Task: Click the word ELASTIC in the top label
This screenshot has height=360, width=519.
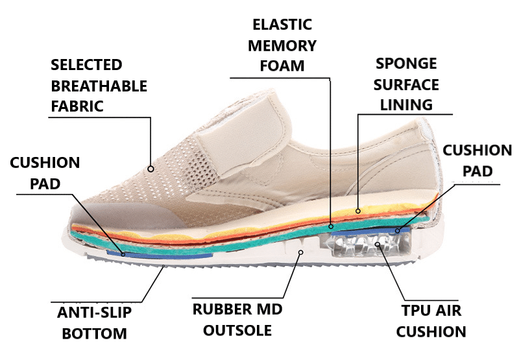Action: tap(282, 25)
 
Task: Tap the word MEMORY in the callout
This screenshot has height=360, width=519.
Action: tap(282, 45)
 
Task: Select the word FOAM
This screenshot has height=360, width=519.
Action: tap(282, 66)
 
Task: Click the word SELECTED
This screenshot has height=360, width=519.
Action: tap(86, 65)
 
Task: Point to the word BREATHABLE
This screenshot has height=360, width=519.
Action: tap(99, 86)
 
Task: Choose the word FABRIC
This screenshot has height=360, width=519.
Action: tap(77, 106)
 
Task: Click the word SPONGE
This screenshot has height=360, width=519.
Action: tap(407, 64)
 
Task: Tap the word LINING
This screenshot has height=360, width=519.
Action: tap(407, 104)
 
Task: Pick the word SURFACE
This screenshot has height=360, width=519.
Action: tap(407, 84)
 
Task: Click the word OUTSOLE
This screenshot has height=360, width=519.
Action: tap(237, 330)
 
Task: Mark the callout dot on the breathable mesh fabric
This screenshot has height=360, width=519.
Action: tap(151, 169)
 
